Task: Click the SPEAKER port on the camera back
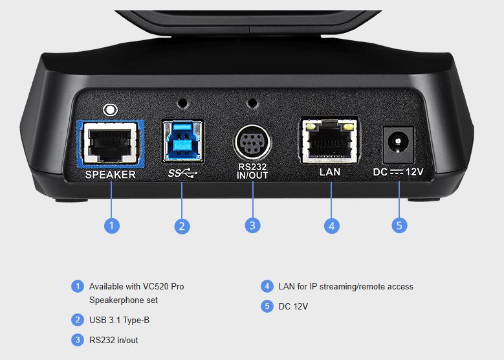[110, 144]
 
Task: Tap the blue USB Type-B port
[182, 141]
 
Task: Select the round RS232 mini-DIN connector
[252, 143]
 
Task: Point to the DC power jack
[398, 144]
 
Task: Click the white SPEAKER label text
[110, 175]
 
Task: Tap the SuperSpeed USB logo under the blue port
[182, 174]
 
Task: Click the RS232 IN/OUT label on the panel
[252, 171]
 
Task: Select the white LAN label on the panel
[330, 172]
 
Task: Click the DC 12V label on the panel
[398, 172]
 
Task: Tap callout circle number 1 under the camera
[112, 225]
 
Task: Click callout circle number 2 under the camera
[182, 226]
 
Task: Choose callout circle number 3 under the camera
[252, 225]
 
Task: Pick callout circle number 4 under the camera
[332, 226]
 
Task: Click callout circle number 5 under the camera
[399, 225]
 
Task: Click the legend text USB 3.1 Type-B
[119, 320]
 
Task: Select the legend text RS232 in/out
[113, 340]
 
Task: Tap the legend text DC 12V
[293, 306]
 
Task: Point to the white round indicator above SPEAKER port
[110, 110]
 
